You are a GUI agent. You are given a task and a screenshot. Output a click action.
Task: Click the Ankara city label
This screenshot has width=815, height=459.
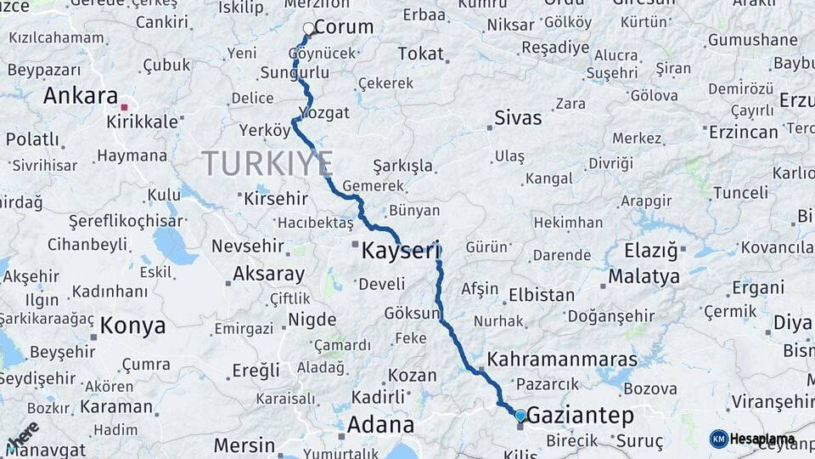click(80, 95)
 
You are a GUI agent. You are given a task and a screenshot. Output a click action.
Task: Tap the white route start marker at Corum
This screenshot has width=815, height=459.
click(309, 29)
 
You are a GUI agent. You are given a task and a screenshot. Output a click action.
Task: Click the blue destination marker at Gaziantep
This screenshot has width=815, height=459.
click(520, 415)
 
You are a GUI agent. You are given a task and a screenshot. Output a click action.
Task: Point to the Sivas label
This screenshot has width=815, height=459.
click(518, 117)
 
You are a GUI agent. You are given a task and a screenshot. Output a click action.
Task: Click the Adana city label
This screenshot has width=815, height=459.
click(381, 424)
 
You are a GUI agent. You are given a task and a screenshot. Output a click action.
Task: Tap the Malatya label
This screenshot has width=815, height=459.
click(644, 277)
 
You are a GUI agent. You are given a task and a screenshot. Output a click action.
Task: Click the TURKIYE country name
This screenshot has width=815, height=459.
click(267, 163)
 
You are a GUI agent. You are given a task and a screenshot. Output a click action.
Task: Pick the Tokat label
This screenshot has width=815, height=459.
click(420, 54)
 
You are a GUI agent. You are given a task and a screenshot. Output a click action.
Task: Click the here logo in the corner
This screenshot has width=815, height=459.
click(23, 436)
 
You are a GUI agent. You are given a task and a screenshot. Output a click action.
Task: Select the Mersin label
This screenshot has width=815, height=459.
click(244, 445)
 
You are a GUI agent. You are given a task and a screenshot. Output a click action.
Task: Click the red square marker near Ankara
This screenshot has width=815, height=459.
click(124, 107)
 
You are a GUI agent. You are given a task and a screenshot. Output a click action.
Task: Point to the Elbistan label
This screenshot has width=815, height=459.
click(542, 296)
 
